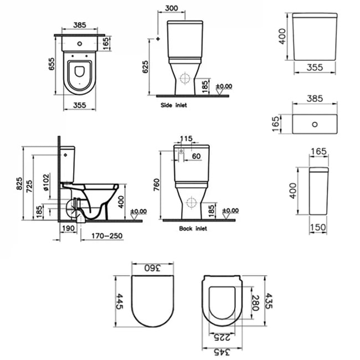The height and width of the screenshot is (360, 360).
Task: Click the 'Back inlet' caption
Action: click(x=193, y=228)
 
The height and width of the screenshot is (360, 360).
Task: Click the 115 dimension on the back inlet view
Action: click(x=186, y=138)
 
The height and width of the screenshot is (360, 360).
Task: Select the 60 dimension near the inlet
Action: click(x=196, y=157)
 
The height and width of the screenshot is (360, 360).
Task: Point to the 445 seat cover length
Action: click(x=118, y=301)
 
